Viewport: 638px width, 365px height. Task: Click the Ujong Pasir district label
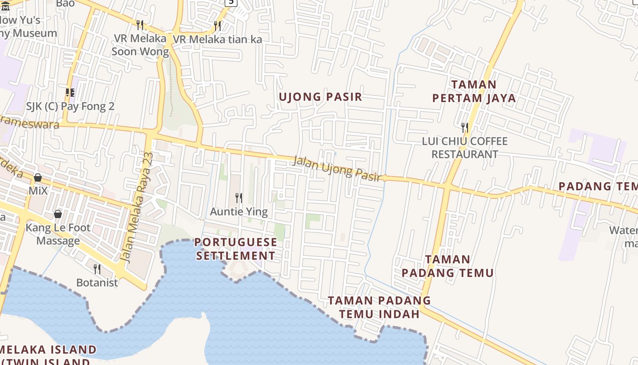[x=320, y=97]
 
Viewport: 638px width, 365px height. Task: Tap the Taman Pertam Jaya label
[x=474, y=91]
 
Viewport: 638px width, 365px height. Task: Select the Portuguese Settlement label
[x=236, y=249]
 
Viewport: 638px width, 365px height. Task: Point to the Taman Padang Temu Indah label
[x=379, y=307]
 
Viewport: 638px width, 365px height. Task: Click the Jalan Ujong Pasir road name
[x=337, y=168]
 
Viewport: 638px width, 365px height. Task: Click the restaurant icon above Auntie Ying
[x=239, y=198]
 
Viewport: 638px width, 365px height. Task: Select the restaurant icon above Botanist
[x=97, y=269]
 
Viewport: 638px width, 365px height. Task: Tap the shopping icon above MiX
[x=38, y=177]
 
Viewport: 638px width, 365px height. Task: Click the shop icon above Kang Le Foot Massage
[x=58, y=214]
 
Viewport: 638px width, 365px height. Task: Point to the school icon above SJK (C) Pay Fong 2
[x=70, y=93]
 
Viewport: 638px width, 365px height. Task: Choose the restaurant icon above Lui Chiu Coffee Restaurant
[x=464, y=127]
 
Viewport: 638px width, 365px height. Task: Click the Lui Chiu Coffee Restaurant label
[x=464, y=148]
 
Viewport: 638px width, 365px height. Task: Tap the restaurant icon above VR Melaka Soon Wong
[x=140, y=25]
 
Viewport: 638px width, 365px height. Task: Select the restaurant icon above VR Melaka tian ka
[x=217, y=26]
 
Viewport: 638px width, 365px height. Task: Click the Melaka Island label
[x=48, y=350]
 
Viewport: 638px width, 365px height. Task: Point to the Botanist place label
[x=97, y=283]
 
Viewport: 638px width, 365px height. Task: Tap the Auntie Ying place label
[x=239, y=212]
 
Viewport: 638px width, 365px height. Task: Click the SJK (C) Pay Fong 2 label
[x=70, y=106]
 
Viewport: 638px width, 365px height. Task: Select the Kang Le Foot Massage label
[x=58, y=234]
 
